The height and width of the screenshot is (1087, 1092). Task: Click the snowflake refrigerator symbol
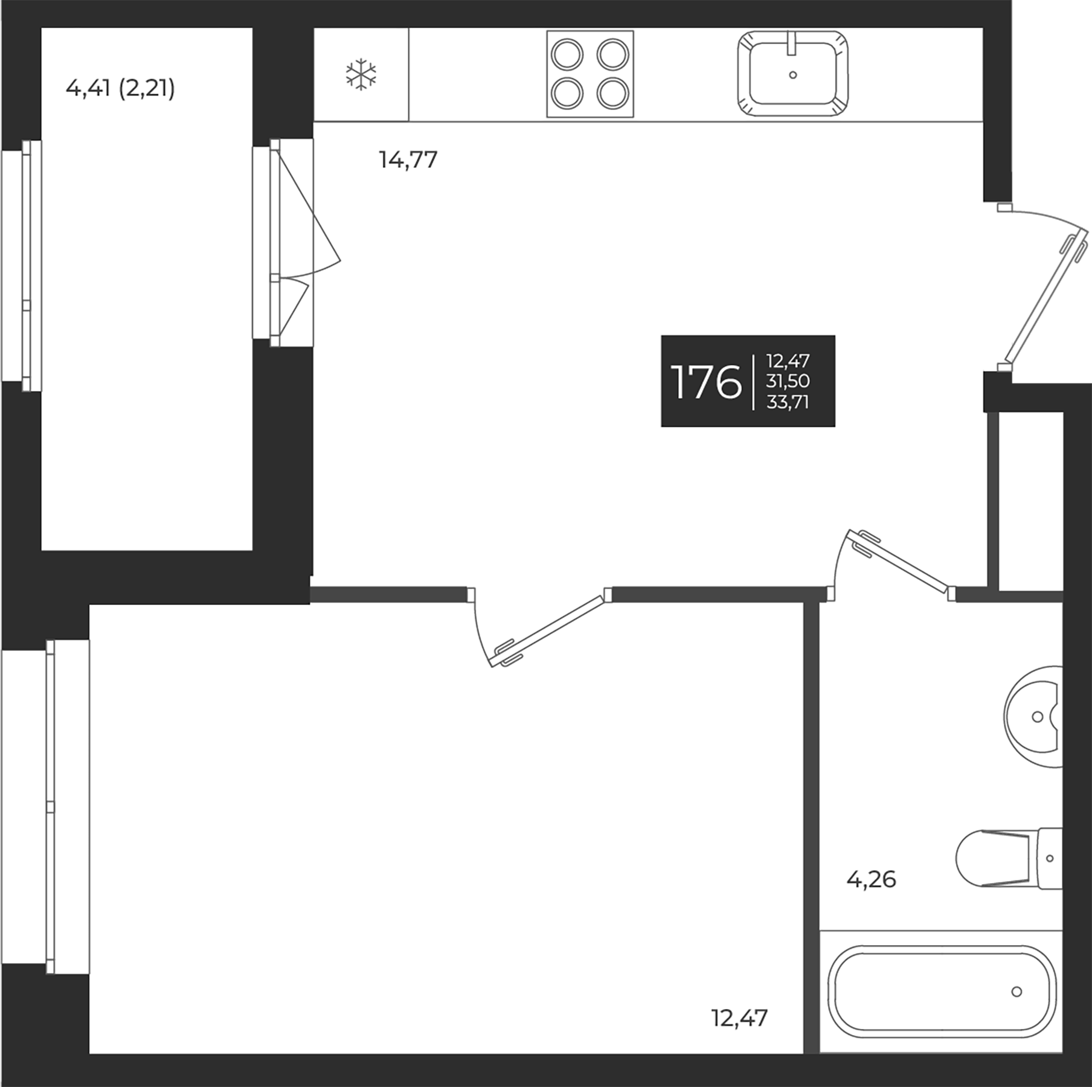tap(361, 74)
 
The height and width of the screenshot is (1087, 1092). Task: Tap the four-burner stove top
tap(590, 74)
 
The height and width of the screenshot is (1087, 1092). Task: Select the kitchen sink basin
tap(792, 74)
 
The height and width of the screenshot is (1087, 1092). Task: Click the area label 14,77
tap(408, 160)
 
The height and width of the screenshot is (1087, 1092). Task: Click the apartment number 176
tap(706, 382)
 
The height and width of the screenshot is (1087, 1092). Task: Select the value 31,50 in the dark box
tap(788, 381)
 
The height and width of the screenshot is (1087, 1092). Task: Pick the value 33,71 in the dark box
tap(788, 402)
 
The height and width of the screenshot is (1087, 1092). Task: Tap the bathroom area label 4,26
tap(871, 880)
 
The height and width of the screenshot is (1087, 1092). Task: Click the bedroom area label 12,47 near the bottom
tap(739, 1019)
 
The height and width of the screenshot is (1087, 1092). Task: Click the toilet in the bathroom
tap(1009, 858)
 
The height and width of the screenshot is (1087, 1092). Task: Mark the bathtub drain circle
tap(1017, 992)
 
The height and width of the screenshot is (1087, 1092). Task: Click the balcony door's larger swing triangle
tap(308, 211)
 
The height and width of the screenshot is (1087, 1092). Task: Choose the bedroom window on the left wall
tap(68, 807)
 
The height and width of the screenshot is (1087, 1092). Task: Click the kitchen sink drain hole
tap(792, 75)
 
